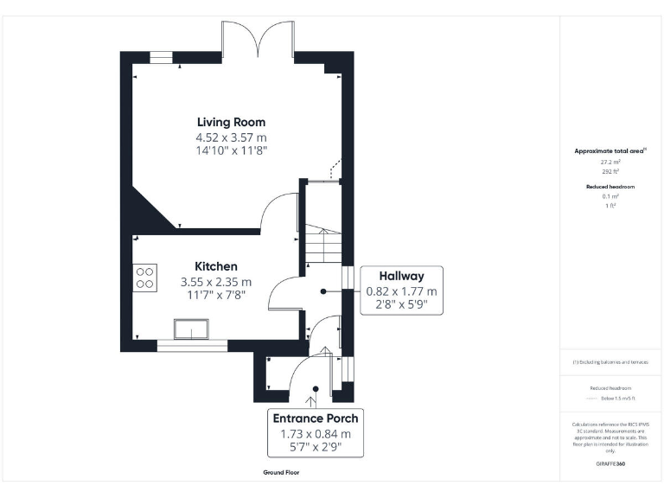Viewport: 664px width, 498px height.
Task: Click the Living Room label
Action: tap(231, 122)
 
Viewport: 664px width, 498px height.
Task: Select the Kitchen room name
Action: tap(215, 266)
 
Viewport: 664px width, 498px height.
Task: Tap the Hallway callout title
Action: tap(401, 276)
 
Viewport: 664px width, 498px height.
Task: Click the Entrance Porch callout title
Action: tap(316, 418)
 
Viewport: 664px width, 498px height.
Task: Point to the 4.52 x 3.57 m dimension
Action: tap(231, 137)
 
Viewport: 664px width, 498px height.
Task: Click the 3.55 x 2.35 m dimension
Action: tap(215, 281)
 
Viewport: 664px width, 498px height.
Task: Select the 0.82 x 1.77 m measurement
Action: tap(401, 291)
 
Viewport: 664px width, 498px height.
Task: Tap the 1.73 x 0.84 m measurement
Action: tap(316, 433)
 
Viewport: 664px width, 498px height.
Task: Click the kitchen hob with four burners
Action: tap(144, 277)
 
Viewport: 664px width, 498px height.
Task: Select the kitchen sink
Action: tap(192, 330)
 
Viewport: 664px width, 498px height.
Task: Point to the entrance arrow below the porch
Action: tap(312, 399)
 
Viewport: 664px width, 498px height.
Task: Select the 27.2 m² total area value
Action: tap(610, 162)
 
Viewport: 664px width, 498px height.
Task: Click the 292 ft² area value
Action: tap(610, 171)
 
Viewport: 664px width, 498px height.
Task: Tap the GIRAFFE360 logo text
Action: tap(610, 464)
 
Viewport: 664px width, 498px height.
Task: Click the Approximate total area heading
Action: tap(610, 150)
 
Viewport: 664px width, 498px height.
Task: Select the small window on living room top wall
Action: tap(161, 57)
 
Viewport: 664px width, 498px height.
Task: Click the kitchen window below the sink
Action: tap(192, 346)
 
